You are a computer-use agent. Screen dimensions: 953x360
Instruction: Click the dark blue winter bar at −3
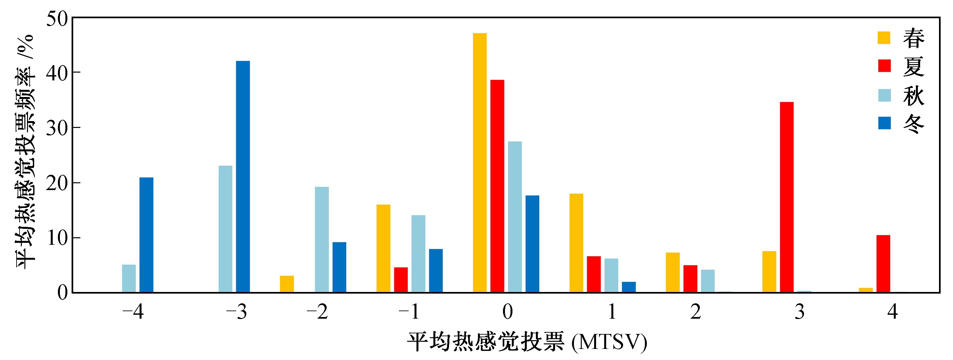click(243, 177)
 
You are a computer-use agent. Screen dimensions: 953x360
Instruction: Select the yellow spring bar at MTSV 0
click(480, 163)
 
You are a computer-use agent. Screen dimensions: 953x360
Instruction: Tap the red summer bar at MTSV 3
click(786, 197)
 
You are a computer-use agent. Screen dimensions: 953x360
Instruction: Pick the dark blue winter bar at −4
click(146, 235)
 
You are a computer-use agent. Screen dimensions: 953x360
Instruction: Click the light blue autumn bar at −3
click(225, 229)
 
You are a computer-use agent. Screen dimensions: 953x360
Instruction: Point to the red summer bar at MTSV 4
click(883, 264)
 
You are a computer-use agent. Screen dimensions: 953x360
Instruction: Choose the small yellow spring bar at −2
click(287, 284)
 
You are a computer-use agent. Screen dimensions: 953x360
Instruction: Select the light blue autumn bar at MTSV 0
click(515, 217)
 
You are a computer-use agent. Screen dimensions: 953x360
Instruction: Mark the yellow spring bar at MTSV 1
click(576, 243)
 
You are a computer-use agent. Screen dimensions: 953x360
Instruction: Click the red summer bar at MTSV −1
click(401, 280)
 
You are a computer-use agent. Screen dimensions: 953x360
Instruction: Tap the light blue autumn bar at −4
click(129, 279)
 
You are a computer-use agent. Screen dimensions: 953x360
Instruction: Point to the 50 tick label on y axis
click(57, 19)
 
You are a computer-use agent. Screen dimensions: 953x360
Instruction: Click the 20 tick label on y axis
click(57, 183)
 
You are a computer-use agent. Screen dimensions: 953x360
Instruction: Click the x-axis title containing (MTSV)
click(527, 342)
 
